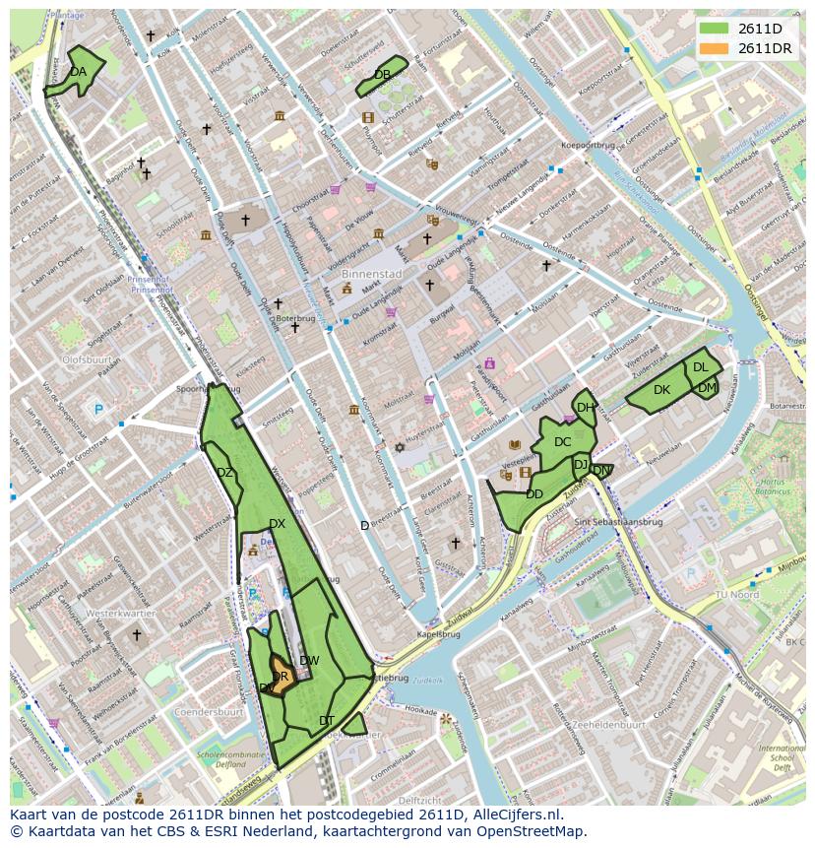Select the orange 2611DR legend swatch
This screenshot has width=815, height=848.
(715, 48)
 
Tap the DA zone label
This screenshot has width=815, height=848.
(78, 72)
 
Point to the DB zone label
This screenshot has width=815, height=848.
(382, 75)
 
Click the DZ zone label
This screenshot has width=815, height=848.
(224, 473)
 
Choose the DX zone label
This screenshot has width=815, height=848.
(277, 524)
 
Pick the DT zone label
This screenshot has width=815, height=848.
(327, 721)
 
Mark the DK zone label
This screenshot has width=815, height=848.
(661, 390)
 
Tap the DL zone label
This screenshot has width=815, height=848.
(700, 367)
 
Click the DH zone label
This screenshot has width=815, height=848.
(585, 408)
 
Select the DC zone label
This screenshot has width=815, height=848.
(562, 442)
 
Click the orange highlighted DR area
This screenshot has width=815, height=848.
(280, 678)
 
